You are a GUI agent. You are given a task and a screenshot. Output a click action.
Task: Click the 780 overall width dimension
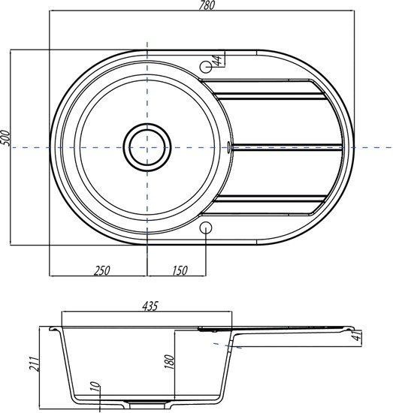coord(207,5)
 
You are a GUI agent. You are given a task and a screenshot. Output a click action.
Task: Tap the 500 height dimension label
coord(6,137)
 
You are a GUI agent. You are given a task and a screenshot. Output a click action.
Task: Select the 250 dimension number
coord(101,271)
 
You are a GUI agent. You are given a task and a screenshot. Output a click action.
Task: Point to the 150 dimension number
coord(180,271)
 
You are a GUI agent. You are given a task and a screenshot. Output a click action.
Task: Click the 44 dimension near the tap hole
coord(219,61)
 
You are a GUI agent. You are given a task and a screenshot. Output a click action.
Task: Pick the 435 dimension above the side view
coord(150,306)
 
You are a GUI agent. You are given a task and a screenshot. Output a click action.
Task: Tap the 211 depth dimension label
coord(35,363)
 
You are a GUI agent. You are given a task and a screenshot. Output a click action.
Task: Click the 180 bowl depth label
coord(171,362)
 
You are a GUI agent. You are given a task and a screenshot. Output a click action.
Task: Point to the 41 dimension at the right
coord(358,336)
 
